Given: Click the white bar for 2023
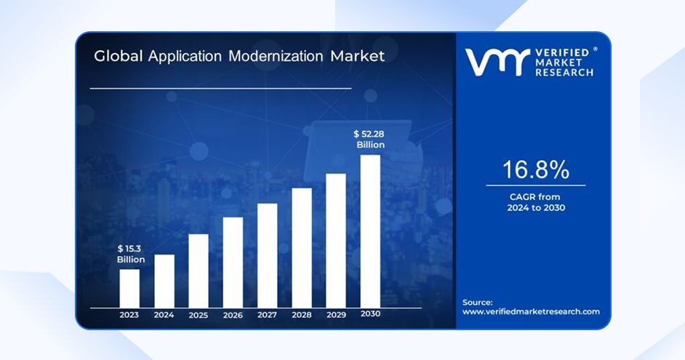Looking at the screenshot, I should tap(129, 289).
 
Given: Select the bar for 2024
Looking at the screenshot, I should tap(164, 281).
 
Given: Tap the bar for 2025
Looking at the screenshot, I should tap(199, 271).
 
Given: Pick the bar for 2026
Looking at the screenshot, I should tap(233, 262).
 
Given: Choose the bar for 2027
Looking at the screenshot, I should tap(267, 255).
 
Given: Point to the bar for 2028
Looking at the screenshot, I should tap(302, 247).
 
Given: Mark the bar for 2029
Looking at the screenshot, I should tap(335, 240).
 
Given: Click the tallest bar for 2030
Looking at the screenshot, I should tap(370, 231).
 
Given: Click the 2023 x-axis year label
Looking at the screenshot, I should tap(129, 315).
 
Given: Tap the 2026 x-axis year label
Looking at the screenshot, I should tap(233, 315).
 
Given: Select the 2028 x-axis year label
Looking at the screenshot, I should tap(302, 315).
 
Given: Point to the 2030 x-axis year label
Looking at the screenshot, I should tap(370, 314).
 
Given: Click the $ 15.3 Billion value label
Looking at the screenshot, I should tap(131, 254).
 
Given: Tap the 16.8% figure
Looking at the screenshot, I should tap(536, 170).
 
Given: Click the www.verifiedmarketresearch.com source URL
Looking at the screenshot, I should tap(531, 311).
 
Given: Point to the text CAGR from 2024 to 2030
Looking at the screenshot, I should tap(536, 202).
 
